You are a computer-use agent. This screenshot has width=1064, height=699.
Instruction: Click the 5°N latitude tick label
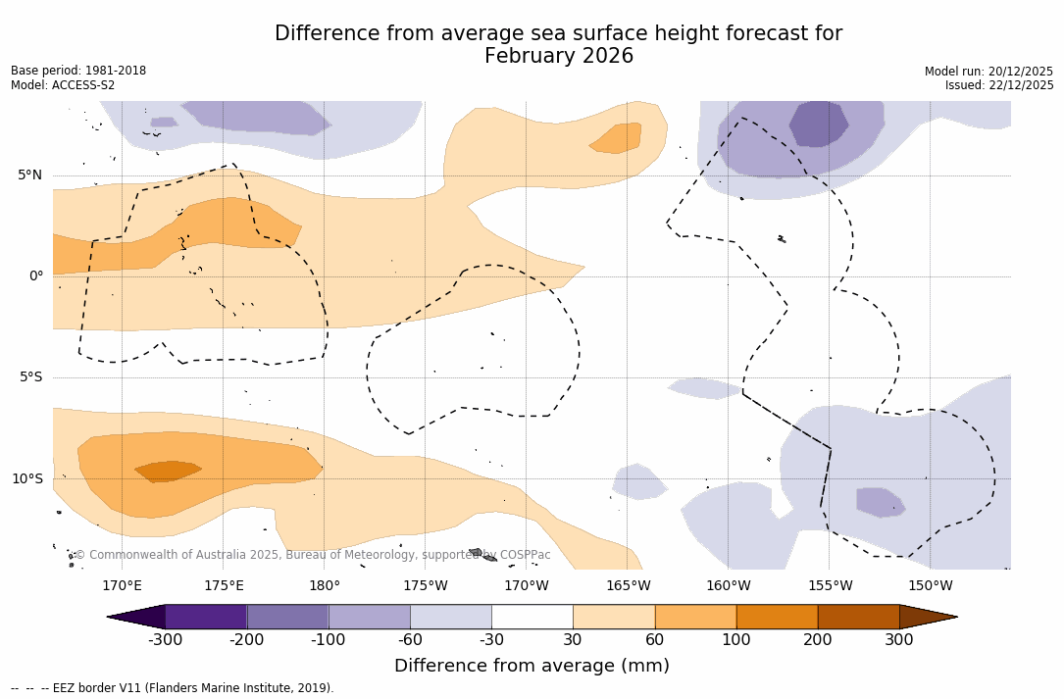coord(29,175)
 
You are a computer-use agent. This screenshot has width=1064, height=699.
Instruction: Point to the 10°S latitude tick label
coord(26,479)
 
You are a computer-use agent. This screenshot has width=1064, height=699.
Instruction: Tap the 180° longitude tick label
coord(325,586)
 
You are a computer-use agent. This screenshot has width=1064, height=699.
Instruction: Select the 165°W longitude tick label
coord(628,586)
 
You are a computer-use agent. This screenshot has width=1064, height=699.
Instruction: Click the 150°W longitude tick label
coord(930,586)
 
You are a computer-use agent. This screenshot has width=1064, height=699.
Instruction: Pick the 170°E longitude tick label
coord(123,586)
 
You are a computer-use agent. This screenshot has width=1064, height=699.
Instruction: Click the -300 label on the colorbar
coord(166,640)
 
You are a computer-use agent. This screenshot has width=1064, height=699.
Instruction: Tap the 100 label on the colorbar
coord(735,640)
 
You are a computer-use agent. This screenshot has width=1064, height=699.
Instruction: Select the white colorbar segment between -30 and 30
coord(532,617)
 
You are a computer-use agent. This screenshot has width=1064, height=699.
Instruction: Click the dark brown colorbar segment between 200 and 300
coord(858,617)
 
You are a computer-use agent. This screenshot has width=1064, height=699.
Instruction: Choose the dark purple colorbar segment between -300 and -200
coord(206,617)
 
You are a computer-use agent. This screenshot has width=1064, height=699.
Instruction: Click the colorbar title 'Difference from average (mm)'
coord(532,666)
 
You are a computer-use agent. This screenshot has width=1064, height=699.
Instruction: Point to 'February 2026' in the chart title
coord(559,57)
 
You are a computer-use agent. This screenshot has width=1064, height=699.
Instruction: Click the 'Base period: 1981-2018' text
coord(78,71)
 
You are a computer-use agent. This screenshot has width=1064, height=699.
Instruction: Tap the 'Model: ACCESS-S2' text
coord(63,85)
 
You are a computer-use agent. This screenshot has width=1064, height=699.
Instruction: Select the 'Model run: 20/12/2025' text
coord(988,72)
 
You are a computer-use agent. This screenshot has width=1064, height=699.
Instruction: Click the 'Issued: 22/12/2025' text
coord(999,85)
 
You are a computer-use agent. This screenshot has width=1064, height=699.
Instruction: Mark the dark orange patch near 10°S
coord(168,471)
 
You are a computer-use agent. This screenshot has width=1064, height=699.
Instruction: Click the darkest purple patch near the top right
coord(818,123)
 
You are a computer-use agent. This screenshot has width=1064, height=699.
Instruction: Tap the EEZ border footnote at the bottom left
coord(173,688)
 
